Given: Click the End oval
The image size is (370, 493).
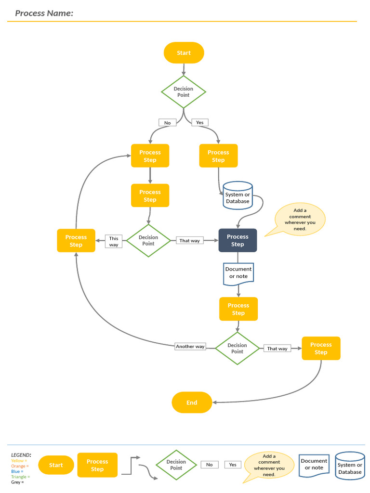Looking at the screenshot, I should click(192, 402).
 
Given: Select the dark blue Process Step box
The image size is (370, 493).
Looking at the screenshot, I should click(238, 240).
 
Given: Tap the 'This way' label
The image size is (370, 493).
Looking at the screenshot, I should click(114, 242).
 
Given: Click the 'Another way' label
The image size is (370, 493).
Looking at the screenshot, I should click(190, 346).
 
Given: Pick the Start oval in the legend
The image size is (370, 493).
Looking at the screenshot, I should click(56, 465).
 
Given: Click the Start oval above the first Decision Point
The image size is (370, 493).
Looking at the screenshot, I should click(184, 53).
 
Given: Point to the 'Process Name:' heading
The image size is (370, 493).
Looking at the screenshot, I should click(44, 13).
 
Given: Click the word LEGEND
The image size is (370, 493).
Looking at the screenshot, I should click(21, 455).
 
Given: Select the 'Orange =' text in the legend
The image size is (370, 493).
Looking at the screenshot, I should click(20, 466).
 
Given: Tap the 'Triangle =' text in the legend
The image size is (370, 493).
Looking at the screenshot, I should click(20, 477).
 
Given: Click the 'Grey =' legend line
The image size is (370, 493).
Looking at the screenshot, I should click(17, 482).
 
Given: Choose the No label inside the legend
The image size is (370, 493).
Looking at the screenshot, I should click(209, 465).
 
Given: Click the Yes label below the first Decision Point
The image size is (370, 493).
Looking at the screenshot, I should click(199, 122).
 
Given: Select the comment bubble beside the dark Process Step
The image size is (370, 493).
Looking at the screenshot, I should click(299, 220).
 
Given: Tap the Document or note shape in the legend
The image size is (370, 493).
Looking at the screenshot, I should click(314, 465).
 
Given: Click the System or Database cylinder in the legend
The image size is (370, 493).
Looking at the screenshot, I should click(350, 466).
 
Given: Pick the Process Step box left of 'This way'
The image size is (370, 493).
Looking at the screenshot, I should click(76, 241).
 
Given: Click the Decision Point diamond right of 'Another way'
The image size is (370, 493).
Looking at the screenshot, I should click(237, 348).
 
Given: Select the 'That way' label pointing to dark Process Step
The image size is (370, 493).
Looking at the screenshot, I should click(189, 240).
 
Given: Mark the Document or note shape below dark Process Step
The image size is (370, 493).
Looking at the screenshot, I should click(238, 273).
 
